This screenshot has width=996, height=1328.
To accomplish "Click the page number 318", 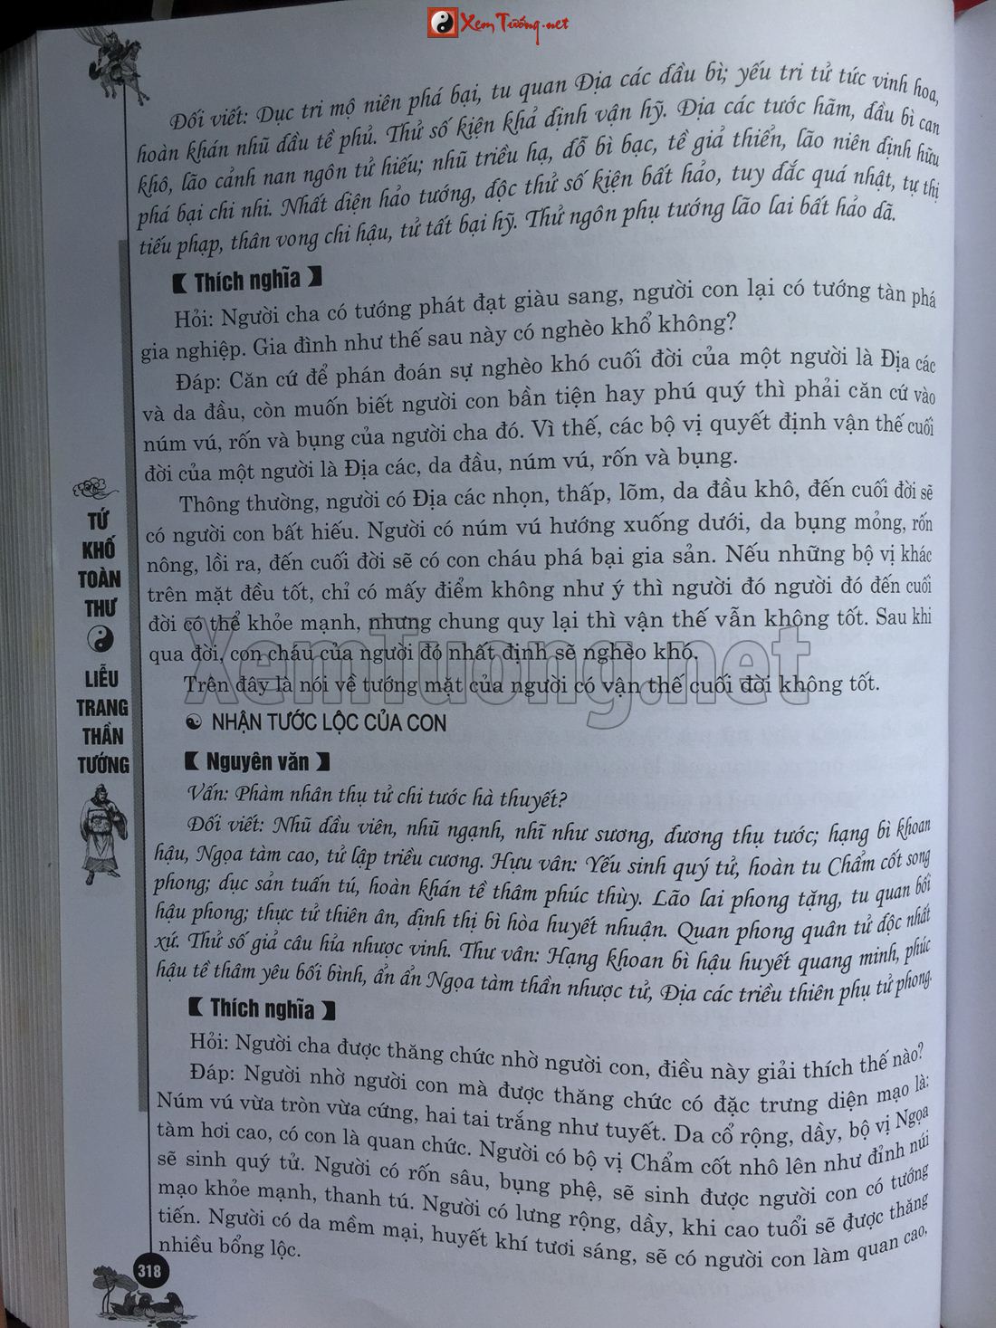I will [x=148, y=1271].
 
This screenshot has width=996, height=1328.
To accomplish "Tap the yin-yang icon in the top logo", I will [x=443, y=24].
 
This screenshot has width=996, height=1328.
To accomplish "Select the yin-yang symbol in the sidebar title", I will [x=101, y=640].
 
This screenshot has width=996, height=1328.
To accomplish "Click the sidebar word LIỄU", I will [x=101, y=678].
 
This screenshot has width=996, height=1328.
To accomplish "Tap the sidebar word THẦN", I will [x=101, y=735].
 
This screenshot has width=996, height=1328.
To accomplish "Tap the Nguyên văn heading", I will [x=256, y=763].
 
